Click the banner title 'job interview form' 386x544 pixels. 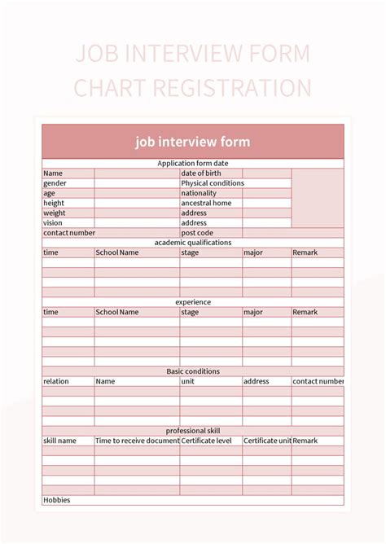[193, 142]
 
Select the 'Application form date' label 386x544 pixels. [193, 164]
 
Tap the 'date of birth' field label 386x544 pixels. [201, 173]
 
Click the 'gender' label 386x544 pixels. [55, 183]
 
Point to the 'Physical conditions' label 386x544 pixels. [212, 183]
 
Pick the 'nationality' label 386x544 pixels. [199, 193]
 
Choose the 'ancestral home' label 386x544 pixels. [206, 203]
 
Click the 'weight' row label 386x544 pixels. [54, 213]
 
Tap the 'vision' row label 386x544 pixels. [53, 222]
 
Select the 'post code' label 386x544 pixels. [197, 233]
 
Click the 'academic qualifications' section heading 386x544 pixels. [193, 243]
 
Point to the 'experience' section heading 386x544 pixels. [193, 302]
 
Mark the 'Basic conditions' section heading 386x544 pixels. [193, 371]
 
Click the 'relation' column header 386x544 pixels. [56, 381]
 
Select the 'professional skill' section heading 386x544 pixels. [193, 431]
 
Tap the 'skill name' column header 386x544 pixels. [59, 441]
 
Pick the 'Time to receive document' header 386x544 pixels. [137, 441]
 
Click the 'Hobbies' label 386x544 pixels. [57, 500]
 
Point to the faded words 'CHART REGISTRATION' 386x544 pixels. [193, 88]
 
